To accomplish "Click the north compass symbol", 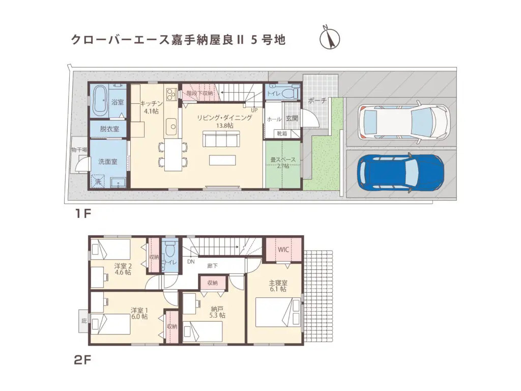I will pyautogui.click(x=330, y=38).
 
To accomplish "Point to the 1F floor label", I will pyautogui.click(x=83, y=213).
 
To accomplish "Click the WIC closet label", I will pyautogui.click(x=283, y=250).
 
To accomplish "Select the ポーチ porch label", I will pyautogui.click(x=317, y=100).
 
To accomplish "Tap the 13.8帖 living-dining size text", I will pyautogui.click(x=224, y=126).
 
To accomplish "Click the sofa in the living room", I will pyautogui.click(x=221, y=139).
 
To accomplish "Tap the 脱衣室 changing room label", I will pyautogui.click(x=109, y=129).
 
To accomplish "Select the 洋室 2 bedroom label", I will pyautogui.click(x=123, y=266).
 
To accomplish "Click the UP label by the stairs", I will pyautogui.click(x=254, y=109).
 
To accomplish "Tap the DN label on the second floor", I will pyautogui.click(x=190, y=262).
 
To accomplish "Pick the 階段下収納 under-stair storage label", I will pyautogui.click(x=199, y=93).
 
